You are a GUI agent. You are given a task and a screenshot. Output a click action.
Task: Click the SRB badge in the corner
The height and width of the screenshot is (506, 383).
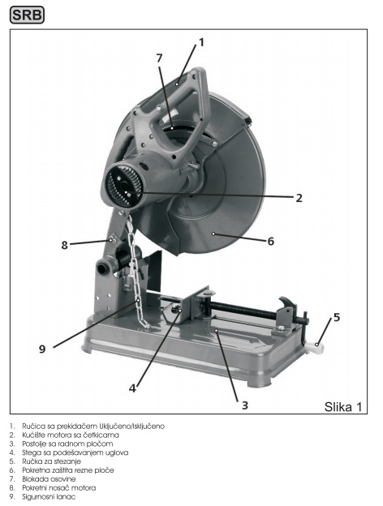point(27,15)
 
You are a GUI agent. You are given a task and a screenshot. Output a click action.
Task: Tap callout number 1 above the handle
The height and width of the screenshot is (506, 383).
point(201,42)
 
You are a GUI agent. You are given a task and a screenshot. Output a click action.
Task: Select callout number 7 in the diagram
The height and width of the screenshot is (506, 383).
point(160,58)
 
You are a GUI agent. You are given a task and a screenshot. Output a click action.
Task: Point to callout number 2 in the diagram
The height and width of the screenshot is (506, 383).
point(299,198)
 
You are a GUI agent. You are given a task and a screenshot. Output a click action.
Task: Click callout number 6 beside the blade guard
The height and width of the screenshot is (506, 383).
point(271,241)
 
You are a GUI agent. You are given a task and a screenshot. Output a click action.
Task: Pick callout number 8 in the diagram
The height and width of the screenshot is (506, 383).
point(65,245)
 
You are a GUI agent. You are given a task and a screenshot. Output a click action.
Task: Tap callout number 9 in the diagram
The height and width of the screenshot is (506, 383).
point(42,349)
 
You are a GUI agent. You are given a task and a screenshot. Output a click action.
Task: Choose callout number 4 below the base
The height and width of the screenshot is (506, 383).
point(132,388)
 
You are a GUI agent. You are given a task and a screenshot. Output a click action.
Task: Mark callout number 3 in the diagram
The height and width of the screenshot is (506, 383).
point(245,405)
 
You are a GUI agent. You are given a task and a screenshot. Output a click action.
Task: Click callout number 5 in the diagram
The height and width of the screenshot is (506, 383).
point(337,317)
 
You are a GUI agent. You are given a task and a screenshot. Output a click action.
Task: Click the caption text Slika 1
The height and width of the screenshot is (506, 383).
point(343,407)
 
